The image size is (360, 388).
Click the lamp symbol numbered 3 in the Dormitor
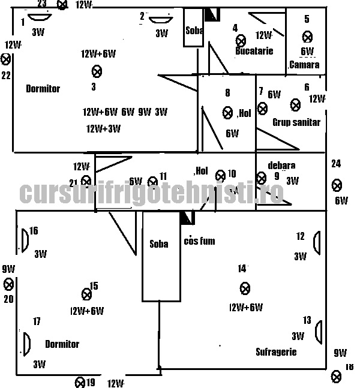(97, 71)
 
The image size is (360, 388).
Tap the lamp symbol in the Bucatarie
(241, 41)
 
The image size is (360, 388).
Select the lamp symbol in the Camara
(307, 37)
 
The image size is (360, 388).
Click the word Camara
(304, 65)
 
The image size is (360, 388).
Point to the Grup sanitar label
(296, 122)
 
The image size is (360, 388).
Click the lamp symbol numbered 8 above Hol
(227, 112)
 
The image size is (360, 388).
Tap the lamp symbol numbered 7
(262, 108)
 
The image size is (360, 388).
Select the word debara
(282, 165)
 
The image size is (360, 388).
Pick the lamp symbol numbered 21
(86, 181)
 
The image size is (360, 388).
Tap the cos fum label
(199, 241)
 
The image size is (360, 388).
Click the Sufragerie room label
(276, 352)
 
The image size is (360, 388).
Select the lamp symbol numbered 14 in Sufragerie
(245, 289)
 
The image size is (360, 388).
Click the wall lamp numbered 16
(25, 239)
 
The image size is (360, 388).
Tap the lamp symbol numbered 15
(86, 293)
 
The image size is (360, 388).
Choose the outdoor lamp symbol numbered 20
(9, 284)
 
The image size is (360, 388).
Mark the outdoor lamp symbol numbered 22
(6, 59)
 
